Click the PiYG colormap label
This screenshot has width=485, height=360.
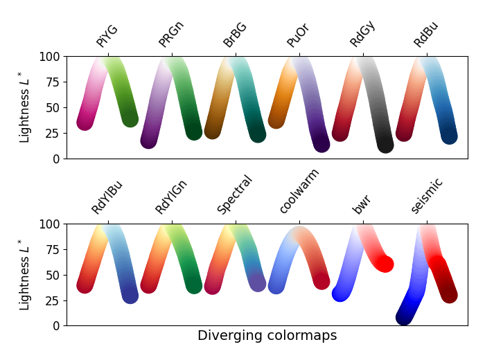point(107,36)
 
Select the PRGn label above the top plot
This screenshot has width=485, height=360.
point(171,35)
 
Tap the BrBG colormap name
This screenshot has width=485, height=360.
point(235,35)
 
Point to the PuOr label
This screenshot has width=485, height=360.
point(298,35)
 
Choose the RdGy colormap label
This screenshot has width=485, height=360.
point(362,35)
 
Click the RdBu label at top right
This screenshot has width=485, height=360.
point(426,35)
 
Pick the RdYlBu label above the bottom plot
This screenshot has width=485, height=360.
point(107,197)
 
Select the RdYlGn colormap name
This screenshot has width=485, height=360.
point(171,196)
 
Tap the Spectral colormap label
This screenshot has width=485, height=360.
point(235,195)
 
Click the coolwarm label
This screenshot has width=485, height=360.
point(299,191)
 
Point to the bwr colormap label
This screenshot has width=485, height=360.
point(361,205)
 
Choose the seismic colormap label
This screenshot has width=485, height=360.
point(427,196)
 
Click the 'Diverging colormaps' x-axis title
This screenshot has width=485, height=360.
point(267,336)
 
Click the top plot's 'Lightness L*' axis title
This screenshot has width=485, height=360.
point(25,107)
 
